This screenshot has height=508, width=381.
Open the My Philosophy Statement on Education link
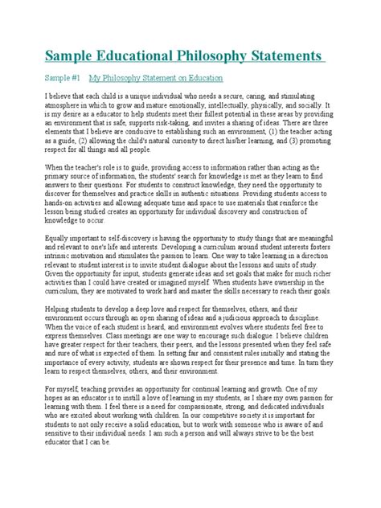coord(156,80)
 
